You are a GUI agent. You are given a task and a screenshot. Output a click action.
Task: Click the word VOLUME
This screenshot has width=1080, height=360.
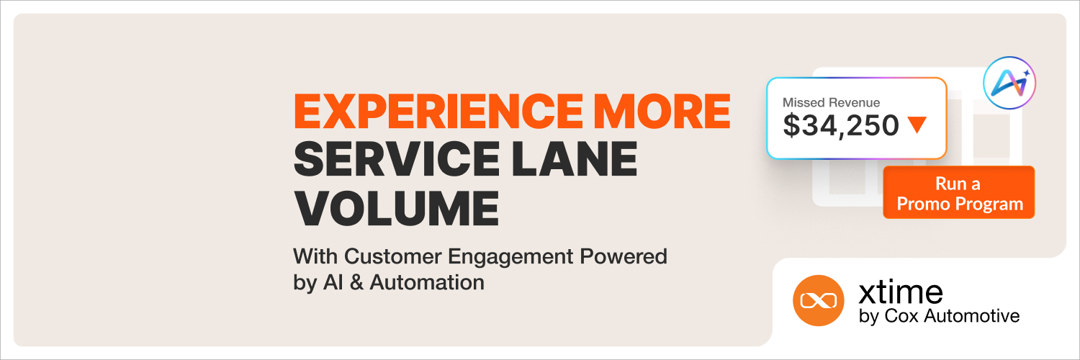click(396, 207)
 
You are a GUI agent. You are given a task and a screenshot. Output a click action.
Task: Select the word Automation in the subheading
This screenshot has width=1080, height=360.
click(427, 282)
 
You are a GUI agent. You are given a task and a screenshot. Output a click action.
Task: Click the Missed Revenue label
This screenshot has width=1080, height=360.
click(831, 103)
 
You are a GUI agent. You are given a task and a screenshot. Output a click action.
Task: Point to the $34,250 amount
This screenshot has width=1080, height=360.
click(841, 126)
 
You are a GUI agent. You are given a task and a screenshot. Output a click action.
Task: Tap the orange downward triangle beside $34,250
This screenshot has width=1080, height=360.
click(917, 125)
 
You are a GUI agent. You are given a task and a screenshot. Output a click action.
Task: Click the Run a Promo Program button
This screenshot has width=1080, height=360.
click(958, 192)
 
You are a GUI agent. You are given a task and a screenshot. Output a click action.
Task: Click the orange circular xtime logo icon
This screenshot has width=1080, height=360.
click(817, 300)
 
